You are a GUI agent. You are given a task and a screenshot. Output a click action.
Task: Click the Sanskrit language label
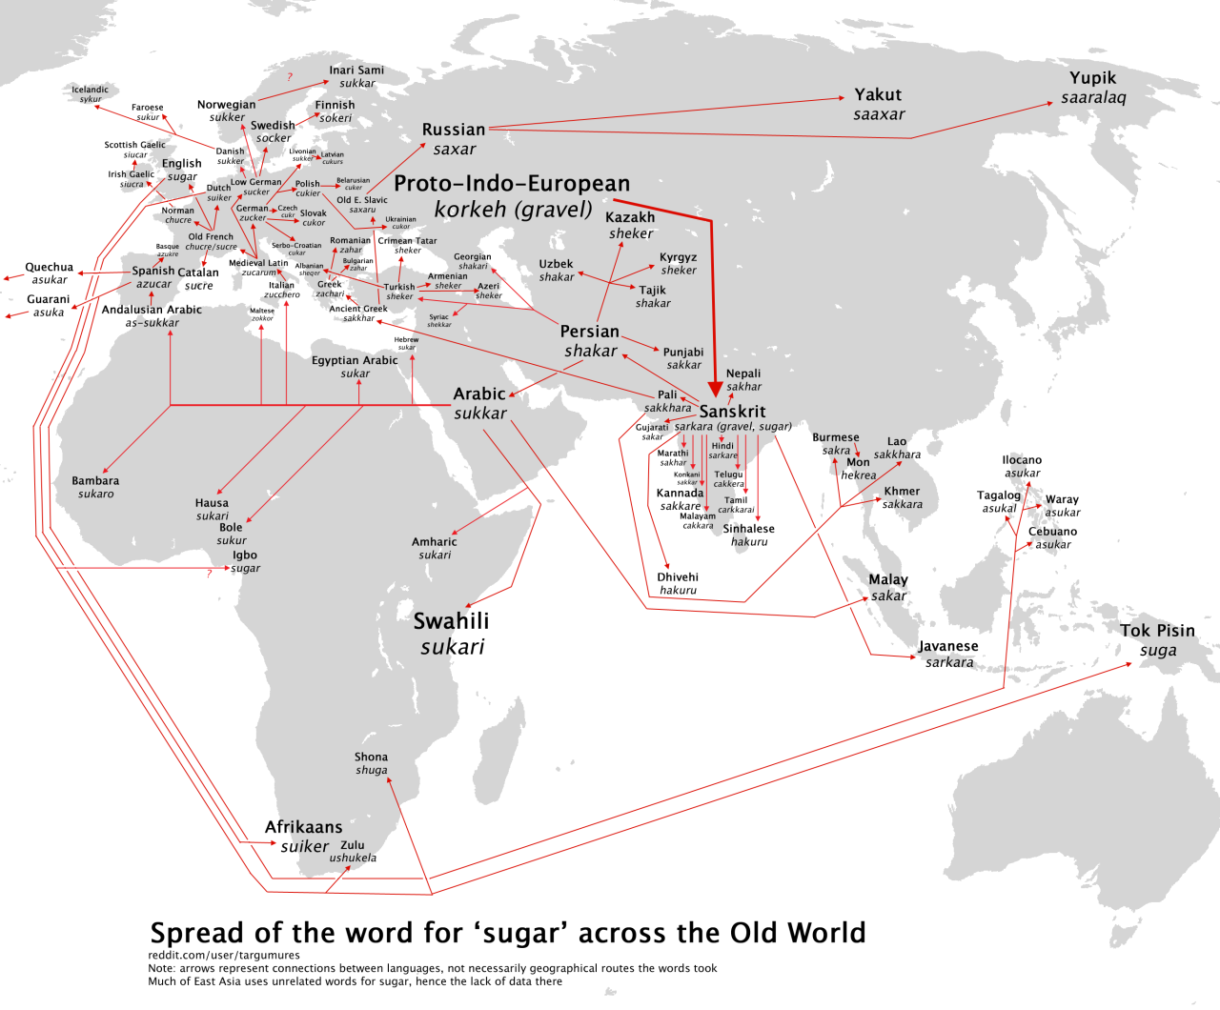(732, 412)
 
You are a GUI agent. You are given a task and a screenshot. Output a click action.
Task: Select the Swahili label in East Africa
(451, 621)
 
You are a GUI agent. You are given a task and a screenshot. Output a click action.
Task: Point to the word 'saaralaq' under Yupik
(1093, 98)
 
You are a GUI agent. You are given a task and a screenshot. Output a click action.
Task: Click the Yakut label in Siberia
(878, 94)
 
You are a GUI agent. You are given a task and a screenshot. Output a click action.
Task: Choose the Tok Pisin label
(1157, 631)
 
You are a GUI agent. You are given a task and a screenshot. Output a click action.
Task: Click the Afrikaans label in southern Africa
(303, 827)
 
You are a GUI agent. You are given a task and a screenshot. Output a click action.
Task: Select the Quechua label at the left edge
(49, 268)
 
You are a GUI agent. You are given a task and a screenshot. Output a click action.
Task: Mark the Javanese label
(947, 646)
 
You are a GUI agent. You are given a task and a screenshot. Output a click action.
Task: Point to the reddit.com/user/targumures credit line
(224, 955)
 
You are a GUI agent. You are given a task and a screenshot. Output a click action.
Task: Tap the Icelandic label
(90, 90)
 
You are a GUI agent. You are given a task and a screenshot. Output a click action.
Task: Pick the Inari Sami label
(356, 71)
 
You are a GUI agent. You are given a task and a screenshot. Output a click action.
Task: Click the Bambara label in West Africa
(95, 481)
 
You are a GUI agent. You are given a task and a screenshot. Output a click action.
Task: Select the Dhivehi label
(678, 577)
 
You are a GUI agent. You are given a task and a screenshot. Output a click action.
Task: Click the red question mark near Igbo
(210, 574)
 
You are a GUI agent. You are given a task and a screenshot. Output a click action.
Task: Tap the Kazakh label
(630, 217)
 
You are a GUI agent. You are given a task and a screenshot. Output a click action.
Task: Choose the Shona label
(371, 757)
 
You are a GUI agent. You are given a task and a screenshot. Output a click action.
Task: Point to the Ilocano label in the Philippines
(1022, 460)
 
